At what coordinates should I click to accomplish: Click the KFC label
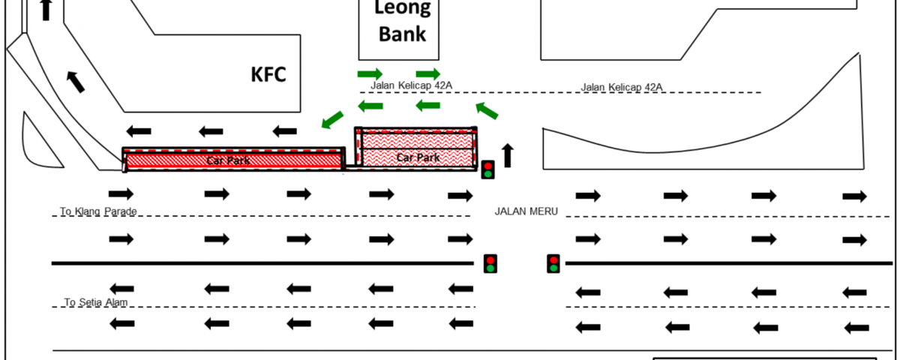[268, 75]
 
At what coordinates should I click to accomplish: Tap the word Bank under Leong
[402, 34]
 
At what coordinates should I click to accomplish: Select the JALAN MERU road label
[526, 211]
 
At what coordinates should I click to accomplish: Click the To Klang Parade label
[99, 211]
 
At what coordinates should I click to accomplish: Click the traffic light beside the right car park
[487, 169]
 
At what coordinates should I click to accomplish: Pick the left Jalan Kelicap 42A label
[411, 85]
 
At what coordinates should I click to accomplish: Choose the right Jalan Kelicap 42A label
[622, 88]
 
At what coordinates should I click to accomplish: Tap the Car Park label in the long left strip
[229, 160]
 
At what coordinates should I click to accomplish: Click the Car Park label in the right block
[418, 157]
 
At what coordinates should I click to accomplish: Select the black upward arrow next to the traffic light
[508, 155]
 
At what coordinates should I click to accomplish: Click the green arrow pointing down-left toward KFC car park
[331, 118]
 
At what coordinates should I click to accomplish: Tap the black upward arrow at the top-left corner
[46, 9]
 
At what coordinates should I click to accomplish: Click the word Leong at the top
[403, 8]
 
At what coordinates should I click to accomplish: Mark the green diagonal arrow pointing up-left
[487, 111]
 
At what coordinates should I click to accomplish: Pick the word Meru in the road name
[544, 211]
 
